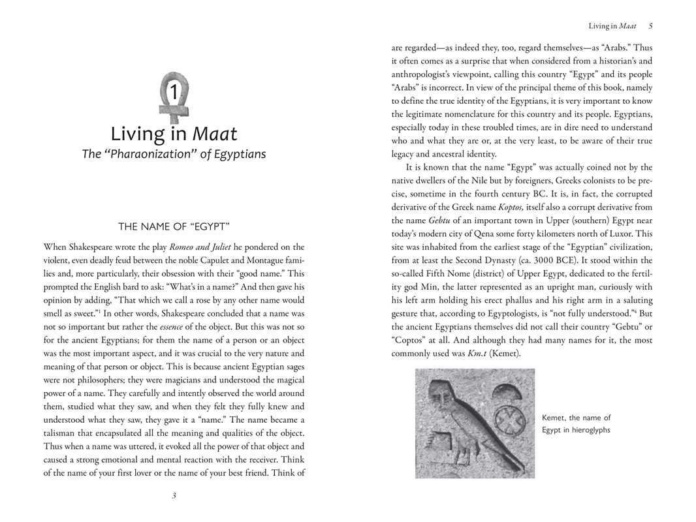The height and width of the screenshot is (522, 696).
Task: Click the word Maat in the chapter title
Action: point(215,134)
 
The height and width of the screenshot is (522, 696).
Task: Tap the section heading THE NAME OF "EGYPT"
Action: point(174,226)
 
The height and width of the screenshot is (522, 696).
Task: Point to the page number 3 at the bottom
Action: point(174,496)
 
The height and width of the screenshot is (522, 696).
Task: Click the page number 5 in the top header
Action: point(650,26)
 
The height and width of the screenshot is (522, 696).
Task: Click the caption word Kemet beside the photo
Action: point(556,418)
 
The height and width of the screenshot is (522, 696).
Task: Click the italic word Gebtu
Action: point(442,221)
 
